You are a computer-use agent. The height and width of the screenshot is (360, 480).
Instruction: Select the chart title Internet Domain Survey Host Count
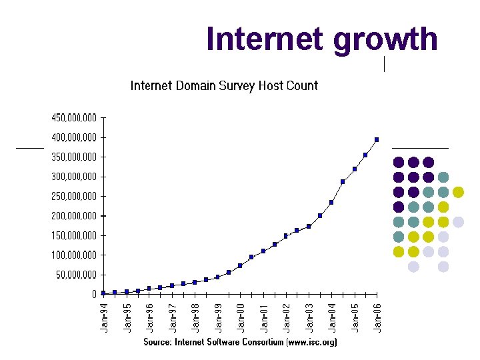point(224,85)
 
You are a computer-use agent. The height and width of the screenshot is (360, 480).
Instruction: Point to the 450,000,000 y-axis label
point(74,118)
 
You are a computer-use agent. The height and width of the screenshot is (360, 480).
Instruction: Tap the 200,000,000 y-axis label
point(74,216)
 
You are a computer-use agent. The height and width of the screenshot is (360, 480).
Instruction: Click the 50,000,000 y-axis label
point(76,275)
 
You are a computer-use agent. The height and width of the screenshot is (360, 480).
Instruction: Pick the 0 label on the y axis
point(94,294)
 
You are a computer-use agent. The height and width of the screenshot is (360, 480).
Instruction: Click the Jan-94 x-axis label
point(104,319)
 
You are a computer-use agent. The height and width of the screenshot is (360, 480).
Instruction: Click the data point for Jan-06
point(377,140)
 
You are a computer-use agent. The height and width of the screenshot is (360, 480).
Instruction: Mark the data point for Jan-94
point(103,293)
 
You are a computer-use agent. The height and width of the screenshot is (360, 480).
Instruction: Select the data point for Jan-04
point(331,202)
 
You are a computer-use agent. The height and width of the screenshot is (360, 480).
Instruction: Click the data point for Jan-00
point(240,265)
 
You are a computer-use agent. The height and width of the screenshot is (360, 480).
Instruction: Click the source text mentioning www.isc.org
point(240,342)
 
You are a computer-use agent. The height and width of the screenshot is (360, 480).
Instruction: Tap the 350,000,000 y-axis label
point(74,157)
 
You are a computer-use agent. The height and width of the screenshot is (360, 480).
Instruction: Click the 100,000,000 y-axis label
point(74,255)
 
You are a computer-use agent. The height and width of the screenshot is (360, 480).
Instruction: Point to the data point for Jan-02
point(286,236)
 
